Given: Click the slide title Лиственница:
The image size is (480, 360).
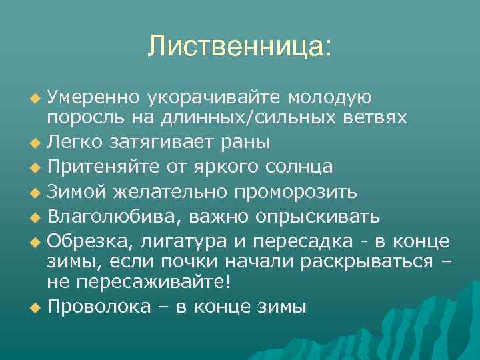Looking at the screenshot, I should point(239,46).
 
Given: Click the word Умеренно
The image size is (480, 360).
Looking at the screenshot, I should point(92,98).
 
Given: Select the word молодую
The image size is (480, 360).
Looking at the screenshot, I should point(330,98).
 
